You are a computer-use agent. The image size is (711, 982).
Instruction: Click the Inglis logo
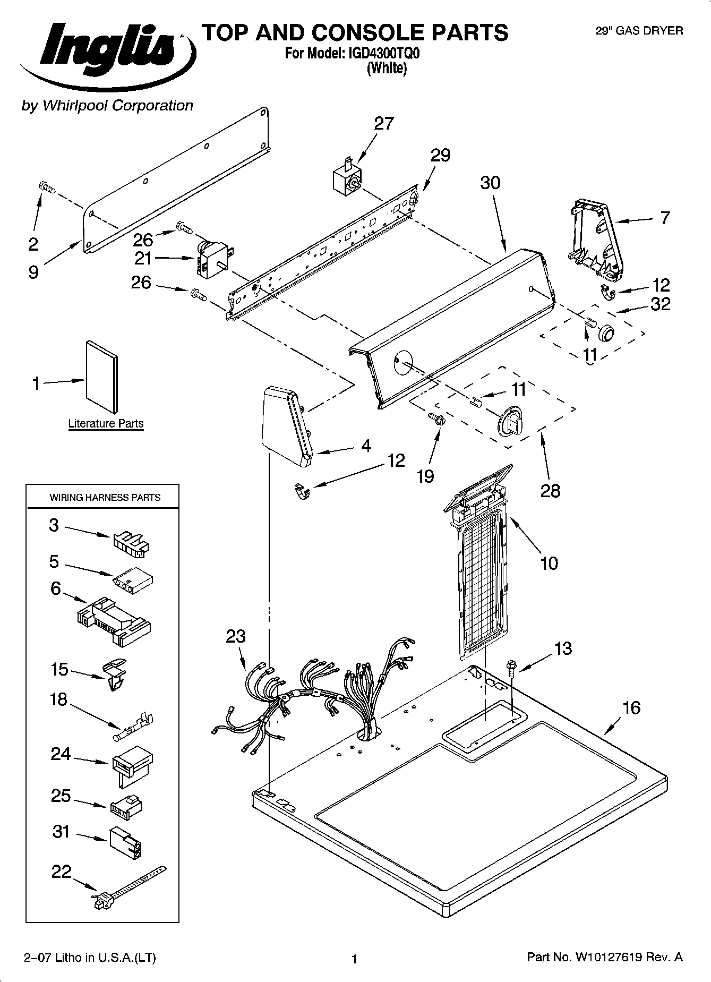point(109,53)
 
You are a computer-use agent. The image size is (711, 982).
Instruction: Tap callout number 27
point(384,123)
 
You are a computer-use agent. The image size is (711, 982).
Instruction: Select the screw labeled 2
point(47,187)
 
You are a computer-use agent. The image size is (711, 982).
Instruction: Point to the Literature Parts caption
point(106,423)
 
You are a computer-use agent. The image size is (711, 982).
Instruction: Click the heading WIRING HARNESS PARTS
point(105,498)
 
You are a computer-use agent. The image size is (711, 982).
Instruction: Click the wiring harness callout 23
point(236,636)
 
